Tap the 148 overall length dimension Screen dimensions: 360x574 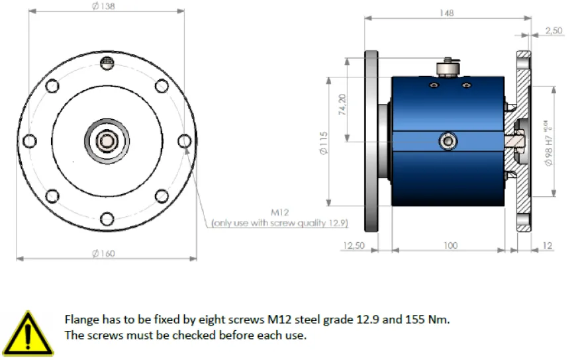pyautogui.click(x=448, y=12)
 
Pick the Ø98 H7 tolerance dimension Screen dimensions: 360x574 pyautogui.click(x=549, y=142)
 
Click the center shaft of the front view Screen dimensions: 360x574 pyautogui.click(x=106, y=140)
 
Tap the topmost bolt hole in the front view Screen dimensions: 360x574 pyautogui.click(x=107, y=62)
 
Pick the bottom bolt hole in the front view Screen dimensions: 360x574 pyautogui.click(x=107, y=219)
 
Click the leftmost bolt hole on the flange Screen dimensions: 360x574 pyautogui.click(x=28, y=141)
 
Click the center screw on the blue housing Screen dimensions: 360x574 pyautogui.click(x=448, y=141)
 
